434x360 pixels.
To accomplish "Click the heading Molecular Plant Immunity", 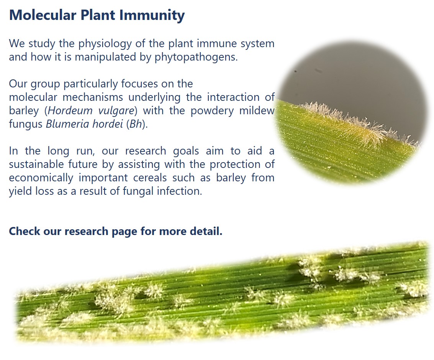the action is pos(97,15).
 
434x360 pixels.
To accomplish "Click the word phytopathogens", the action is pos(196,57).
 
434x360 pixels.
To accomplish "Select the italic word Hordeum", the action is pos(70,110).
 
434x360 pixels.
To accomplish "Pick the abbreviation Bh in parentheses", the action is pos(136,124).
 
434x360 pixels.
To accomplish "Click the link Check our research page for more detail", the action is pos(116,231).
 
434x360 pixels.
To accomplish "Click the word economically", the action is pos(41,178).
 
